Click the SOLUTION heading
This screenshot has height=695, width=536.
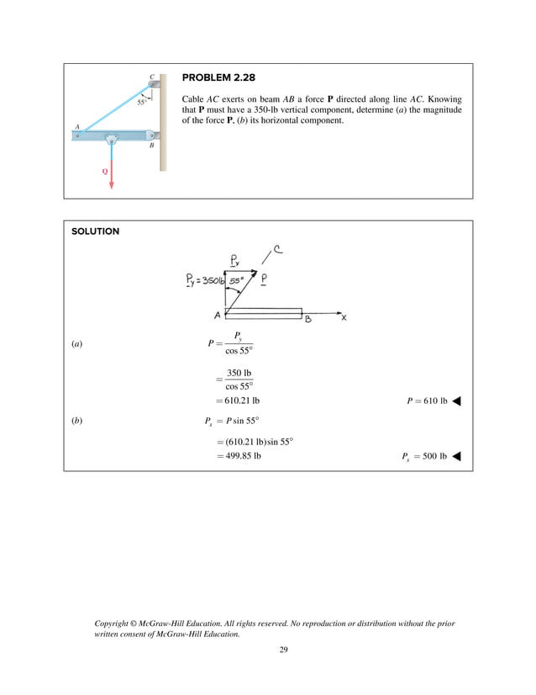click(95, 231)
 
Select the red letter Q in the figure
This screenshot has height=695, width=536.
click(104, 170)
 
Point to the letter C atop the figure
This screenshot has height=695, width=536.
click(152, 75)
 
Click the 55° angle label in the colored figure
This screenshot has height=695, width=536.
click(142, 102)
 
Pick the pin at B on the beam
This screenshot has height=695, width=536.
click(151, 135)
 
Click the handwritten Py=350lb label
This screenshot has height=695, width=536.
click(203, 281)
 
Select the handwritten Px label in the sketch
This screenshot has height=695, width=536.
click(237, 260)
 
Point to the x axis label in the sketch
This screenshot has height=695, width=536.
click(343, 317)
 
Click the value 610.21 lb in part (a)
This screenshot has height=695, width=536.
click(238, 401)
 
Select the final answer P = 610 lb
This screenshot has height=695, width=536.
click(426, 401)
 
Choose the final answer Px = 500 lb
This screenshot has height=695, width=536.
click(424, 457)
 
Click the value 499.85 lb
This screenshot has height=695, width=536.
click(239, 457)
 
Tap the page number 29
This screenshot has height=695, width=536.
click(283, 650)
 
